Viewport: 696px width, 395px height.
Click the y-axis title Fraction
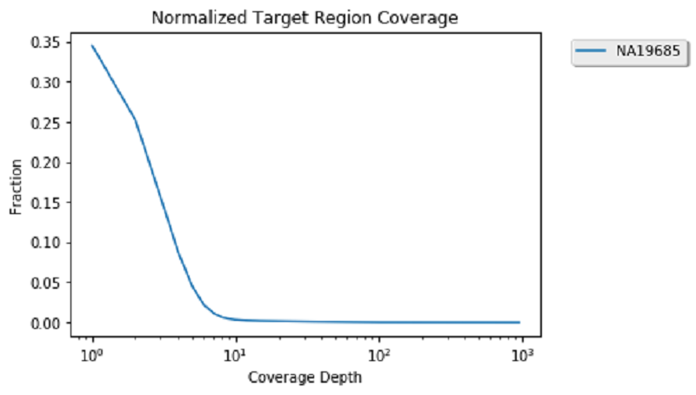[x=16, y=190]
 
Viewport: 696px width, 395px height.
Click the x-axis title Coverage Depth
[x=304, y=378]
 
